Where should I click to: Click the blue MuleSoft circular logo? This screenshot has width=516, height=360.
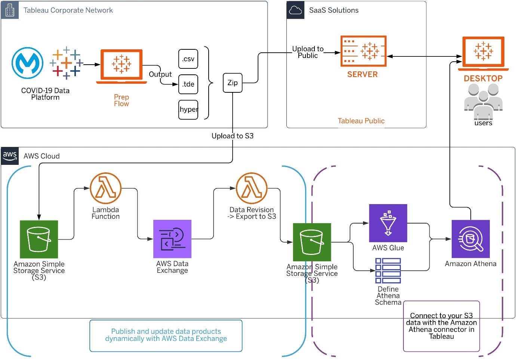click(27, 63)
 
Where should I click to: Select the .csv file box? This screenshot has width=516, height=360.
click(188, 59)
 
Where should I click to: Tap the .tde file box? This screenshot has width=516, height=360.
click(188, 84)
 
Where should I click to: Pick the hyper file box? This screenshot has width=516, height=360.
click(188, 110)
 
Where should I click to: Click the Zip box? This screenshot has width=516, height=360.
click(233, 83)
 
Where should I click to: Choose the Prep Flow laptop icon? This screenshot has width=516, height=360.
click(122, 66)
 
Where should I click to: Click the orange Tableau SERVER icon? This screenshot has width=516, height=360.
click(363, 51)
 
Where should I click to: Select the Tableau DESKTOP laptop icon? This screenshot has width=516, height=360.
click(483, 53)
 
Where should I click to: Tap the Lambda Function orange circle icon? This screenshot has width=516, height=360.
click(106, 188)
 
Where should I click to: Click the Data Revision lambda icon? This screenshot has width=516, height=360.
click(252, 188)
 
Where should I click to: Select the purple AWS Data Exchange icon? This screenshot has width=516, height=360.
click(172, 239)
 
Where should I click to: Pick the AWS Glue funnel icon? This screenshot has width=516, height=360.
click(388, 223)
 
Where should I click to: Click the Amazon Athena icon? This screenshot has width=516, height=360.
click(471, 239)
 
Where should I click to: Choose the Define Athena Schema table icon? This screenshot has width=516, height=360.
click(388, 271)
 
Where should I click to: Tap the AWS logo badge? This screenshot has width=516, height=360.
click(10, 156)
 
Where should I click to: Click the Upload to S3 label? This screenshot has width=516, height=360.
click(233, 136)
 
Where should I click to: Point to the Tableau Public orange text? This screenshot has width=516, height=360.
click(361, 121)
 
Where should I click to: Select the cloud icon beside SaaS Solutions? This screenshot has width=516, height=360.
click(295, 10)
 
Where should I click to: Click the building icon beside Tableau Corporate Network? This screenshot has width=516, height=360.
click(10, 10)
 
